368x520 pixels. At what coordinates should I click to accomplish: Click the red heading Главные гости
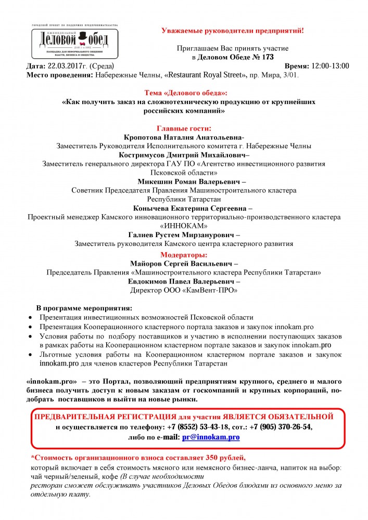point(184,128)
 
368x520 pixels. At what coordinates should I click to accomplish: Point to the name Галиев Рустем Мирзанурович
point(183,235)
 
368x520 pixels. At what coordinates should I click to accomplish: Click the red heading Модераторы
point(184,255)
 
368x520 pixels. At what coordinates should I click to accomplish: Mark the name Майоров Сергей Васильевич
point(183,263)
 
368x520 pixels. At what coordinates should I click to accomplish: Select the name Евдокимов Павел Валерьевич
point(183,281)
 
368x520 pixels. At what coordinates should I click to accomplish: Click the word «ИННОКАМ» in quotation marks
point(184,226)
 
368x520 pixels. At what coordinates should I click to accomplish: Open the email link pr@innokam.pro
point(211,438)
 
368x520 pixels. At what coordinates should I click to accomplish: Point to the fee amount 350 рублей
point(219,457)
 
